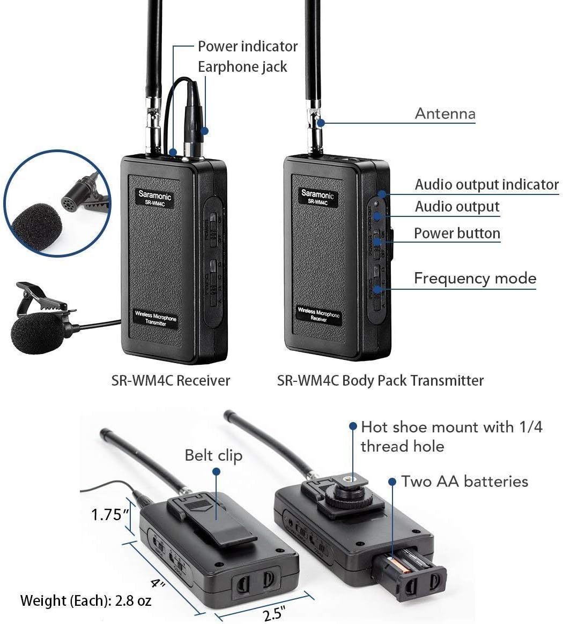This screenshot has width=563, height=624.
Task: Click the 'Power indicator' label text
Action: coord(247,47)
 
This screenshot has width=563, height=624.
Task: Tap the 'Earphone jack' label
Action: coord(242,67)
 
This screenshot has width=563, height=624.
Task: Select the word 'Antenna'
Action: coord(445,114)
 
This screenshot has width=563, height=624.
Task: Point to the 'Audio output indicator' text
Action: coord(486,185)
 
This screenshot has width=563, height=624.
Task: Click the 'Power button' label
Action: coord(457,234)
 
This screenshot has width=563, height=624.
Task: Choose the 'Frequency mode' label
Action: coord(475,279)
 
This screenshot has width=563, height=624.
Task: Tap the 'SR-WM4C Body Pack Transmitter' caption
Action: coord(380,381)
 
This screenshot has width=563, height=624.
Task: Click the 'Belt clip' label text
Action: coord(213,455)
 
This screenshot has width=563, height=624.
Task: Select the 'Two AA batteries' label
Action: coord(465,481)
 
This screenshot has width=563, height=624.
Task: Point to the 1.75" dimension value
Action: coord(110,515)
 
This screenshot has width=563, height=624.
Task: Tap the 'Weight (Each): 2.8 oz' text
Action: coord(86,600)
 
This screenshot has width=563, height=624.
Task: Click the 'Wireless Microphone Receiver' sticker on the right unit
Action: coord(319,314)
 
